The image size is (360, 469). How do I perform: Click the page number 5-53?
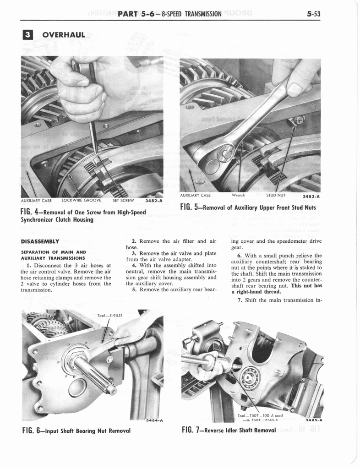point(314,14)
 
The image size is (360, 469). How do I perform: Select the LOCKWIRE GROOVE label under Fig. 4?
point(81,200)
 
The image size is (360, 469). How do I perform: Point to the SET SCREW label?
point(123,200)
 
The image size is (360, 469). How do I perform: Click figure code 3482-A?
point(153,200)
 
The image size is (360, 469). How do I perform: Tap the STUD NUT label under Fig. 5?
point(276,195)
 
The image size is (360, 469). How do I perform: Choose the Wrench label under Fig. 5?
point(239,195)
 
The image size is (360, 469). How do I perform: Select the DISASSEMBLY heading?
point(40,241)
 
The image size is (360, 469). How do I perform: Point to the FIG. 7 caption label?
point(192,430)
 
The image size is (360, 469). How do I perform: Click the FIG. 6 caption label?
point(33,431)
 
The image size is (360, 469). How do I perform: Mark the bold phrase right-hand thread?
point(251,291)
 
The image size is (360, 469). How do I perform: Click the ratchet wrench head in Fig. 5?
point(219,156)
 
